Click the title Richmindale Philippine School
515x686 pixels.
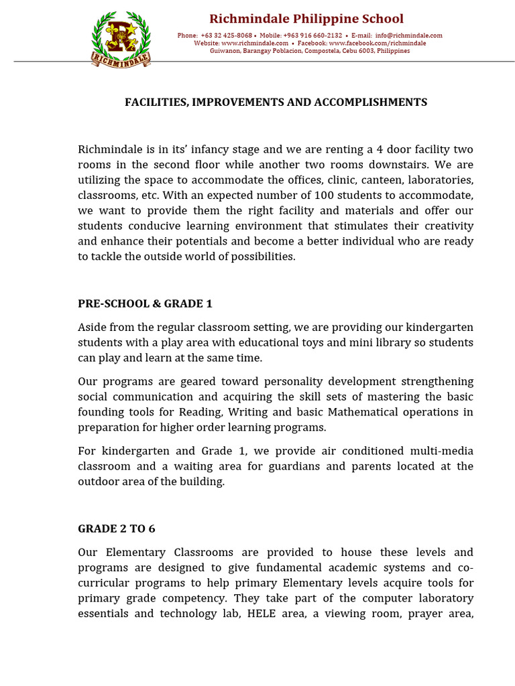[306, 19]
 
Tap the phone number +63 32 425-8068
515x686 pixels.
[226, 36]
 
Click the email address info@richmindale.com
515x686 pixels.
[408, 36]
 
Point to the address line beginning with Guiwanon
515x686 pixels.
[310, 51]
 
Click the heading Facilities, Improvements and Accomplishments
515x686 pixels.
[276, 102]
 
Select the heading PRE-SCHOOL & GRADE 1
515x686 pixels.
[145, 303]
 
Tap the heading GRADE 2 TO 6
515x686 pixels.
[117, 529]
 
